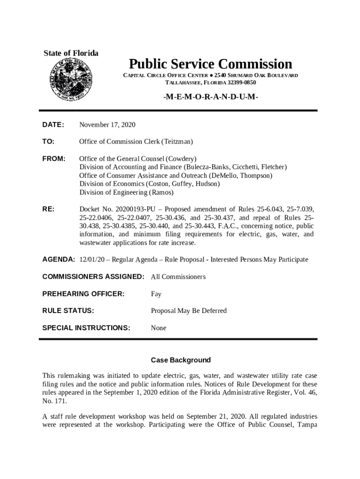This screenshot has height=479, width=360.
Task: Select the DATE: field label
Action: pyautogui.click(x=53, y=124)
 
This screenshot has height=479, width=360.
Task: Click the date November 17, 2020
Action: pyautogui.click(x=107, y=124)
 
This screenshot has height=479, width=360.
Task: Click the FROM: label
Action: pyautogui.click(x=54, y=159)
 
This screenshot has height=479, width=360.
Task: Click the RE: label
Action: pyautogui.click(x=49, y=209)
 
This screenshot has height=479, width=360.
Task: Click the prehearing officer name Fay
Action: pyautogui.click(x=156, y=294)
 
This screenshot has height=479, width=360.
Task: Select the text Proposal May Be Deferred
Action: pyautogui.click(x=188, y=311)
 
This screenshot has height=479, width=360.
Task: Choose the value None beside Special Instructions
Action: pyautogui.click(x=158, y=328)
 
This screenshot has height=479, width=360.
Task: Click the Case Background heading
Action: pyautogui.click(x=180, y=360)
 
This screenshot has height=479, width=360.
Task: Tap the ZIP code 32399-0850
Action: pyautogui.click(x=242, y=82)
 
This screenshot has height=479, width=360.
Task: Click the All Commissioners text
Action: pyautogui.click(x=178, y=276)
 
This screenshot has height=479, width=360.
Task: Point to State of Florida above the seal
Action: pyautogui.click(x=71, y=53)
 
